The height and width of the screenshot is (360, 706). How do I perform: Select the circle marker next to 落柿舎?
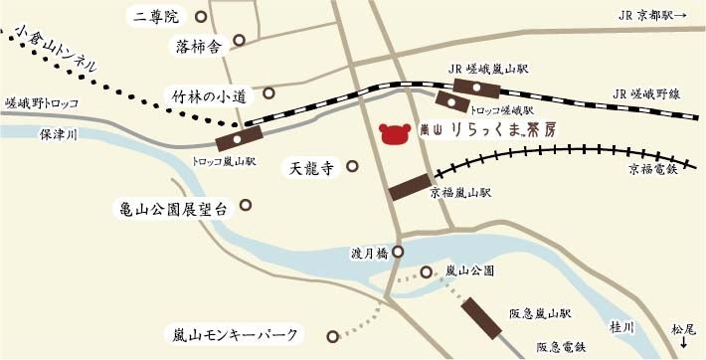239,43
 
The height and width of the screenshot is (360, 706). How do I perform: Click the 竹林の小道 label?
213,96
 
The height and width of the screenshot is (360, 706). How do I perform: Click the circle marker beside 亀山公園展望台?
246,208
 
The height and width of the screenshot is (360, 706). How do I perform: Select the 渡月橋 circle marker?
398,253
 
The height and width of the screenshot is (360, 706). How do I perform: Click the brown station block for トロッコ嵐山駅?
238,138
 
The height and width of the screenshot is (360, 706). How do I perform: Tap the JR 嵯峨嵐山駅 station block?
463,88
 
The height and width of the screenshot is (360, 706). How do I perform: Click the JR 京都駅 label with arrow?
658,16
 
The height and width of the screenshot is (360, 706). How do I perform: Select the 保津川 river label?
58,132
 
